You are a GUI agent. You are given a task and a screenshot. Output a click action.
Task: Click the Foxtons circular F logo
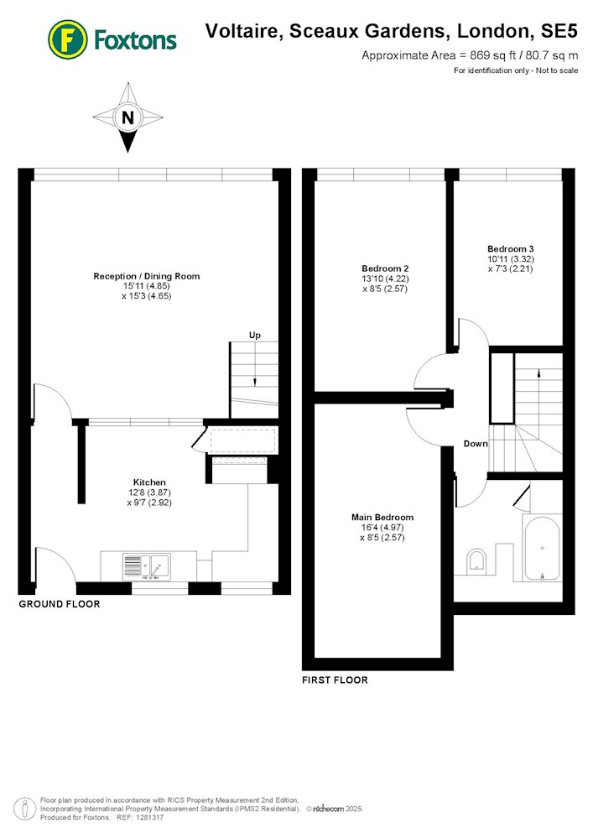pyautogui.click(x=67, y=39)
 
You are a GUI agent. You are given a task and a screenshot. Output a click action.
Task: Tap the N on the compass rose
pyautogui.click(x=127, y=117)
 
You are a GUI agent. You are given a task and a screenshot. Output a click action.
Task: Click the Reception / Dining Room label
pyautogui.click(x=147, y=276)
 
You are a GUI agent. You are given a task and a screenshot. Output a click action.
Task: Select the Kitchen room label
pyautogui.click(x=149, y=482)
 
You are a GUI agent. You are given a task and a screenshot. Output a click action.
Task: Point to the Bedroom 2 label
pyautogui.click(x=385, y=268)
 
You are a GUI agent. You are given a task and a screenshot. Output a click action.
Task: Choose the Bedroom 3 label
pyautogui.click(x=510, y=249)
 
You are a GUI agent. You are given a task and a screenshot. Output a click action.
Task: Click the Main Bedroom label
pyautogui.click(x=382, y=518)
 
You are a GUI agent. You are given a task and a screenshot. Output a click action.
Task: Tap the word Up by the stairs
pyautogui.click(x=254, y=335)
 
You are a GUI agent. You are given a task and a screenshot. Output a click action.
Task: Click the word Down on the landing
pyautogui.click(x=476, y=444)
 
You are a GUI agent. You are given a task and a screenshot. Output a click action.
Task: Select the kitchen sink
pyautogui.click(x=146, y=566)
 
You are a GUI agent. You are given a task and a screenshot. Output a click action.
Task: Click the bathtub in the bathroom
pyautogui.click(x=542, y=548)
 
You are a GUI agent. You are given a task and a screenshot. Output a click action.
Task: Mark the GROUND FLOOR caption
pyautogui.click(x=60, y=604)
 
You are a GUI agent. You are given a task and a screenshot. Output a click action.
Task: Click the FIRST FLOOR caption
pyautogui.click(x=335, y=680)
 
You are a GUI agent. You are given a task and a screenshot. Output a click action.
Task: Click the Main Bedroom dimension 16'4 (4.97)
pyautogui.click(x=382, y=528)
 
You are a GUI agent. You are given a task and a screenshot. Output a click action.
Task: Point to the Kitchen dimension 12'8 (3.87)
pyautogui.click(x=149, y=492)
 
